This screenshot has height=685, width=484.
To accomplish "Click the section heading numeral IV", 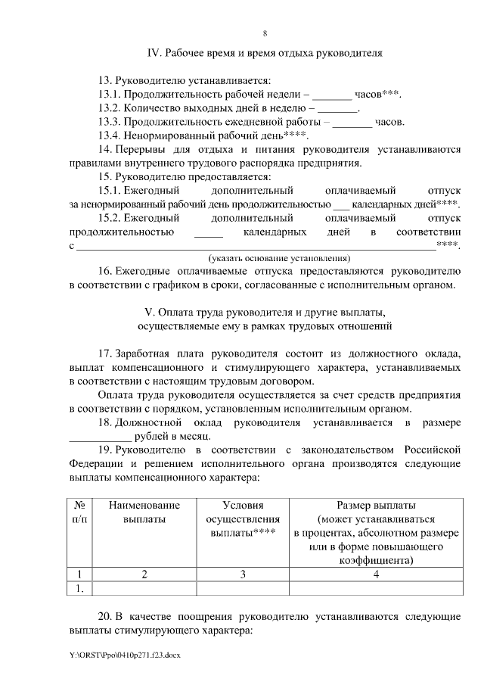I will [152, 53].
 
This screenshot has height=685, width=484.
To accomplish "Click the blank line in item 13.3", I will [352, 122].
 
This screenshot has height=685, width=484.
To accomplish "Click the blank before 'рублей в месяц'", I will [98, 436].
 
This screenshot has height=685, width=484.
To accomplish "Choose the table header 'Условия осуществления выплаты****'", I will [243, 518].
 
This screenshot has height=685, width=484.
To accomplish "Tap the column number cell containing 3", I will [243, 574].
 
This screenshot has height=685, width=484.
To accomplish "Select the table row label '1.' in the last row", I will [79, 588].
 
